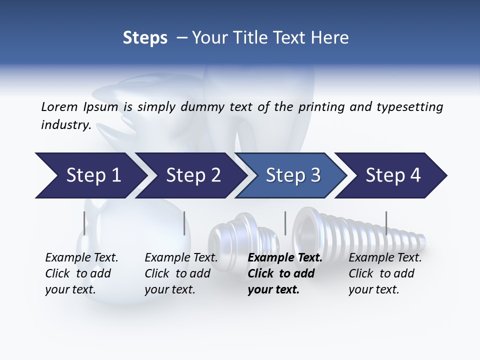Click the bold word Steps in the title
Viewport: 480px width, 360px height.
point(145,37)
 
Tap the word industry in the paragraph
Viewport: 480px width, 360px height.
point(65,124)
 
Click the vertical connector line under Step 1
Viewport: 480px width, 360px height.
point(84,223)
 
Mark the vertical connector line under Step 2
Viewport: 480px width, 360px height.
point(184,223)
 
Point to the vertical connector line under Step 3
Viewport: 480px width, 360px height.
point(285,223)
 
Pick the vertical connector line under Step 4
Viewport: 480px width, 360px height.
point(386,223)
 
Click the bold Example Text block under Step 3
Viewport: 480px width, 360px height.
point(284,273)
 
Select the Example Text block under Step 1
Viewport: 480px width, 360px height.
point(81,273)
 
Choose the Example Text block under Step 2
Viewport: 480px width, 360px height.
point(180,273)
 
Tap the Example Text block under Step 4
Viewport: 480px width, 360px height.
point(384,273)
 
